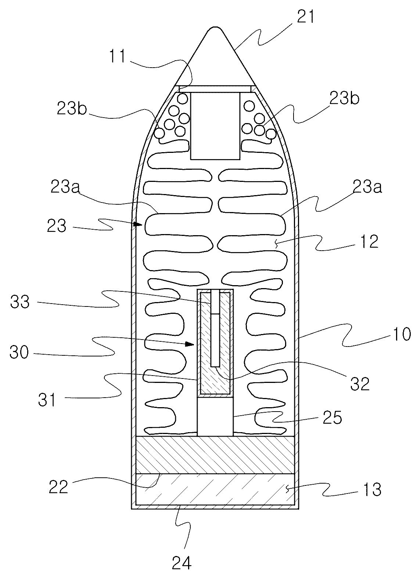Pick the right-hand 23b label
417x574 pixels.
344,98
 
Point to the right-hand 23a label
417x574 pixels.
367,187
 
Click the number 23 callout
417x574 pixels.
57,226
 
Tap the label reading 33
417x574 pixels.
20,302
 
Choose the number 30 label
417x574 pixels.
19,352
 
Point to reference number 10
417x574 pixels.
401,334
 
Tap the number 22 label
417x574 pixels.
59,487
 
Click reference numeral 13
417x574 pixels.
372,489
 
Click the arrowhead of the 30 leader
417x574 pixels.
190,344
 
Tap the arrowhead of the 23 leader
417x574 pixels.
138,225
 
